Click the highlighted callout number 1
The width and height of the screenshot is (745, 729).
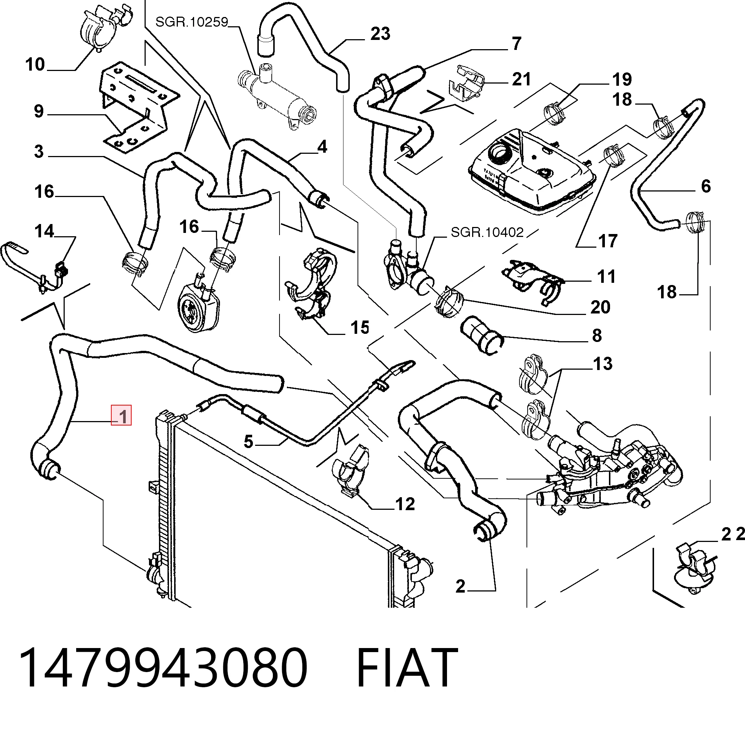click(x=121, y=416)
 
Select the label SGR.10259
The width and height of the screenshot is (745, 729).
click(x=192, y=22)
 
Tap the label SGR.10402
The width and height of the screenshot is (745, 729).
click(x=487, y=232)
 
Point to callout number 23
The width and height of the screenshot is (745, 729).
click(x=380, y=34)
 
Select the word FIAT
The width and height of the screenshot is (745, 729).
click(x=407, y=668)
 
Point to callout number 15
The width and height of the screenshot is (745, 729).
click(x=360, y=328)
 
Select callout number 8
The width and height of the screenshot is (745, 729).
click(x=597, y=335)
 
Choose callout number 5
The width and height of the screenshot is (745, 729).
click(x=249, y=442)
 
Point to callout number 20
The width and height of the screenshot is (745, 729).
click(x=600, y=307)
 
